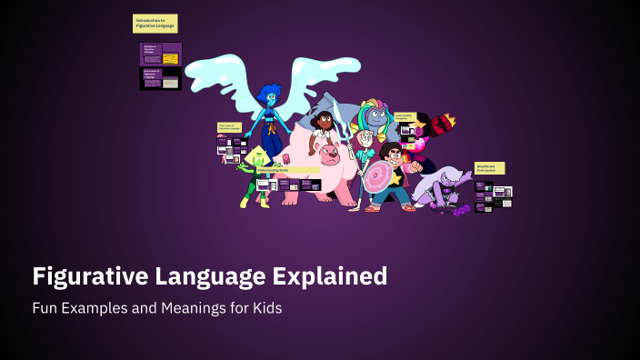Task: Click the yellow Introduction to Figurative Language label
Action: (x=155, y=23)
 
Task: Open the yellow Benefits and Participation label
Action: (x=489, y=168)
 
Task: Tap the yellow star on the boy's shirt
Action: (x=395, y=177)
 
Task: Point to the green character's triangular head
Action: (x=258, y=156)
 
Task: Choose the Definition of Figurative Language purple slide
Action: (x=160, y=54)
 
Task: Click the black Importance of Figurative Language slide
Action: (x=160, y=78)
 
